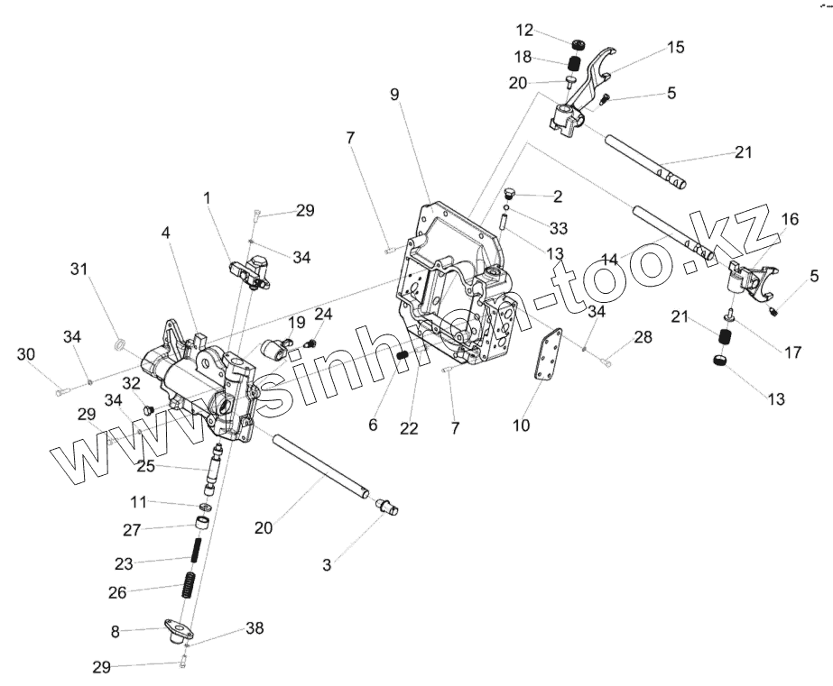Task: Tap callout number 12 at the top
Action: click(x=525, y=29)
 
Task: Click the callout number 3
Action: click(x=327, y=565)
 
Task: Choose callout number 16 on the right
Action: click(x=790, y=219)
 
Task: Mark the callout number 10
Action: click(x=521, y=423)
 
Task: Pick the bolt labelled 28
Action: click(x=606, y=362)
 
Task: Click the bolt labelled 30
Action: click(x=61, y=391)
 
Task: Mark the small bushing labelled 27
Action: click(x=205, y=524)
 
